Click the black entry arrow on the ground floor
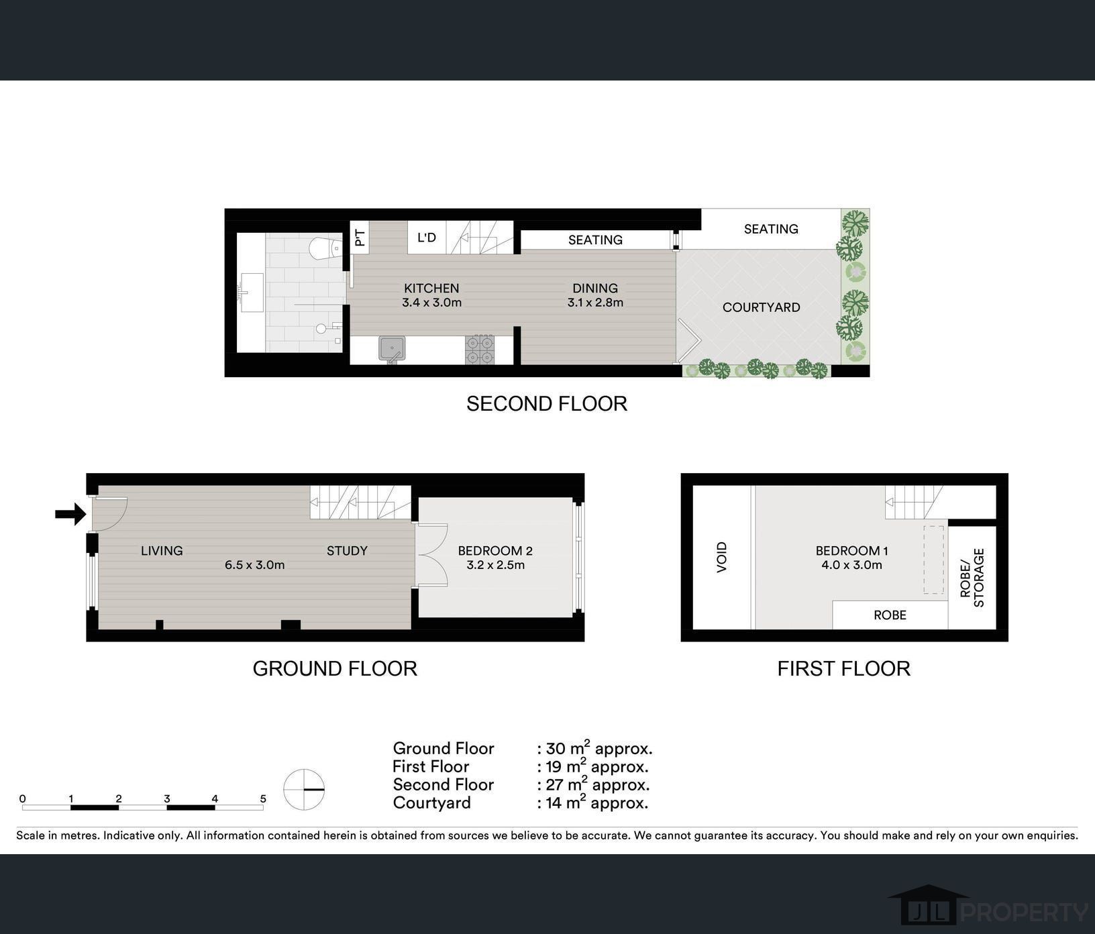coord(70,515)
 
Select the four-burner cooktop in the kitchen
coord(480,350)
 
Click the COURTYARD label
coord(761,307)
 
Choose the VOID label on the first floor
coord(722,557)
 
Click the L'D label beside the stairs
coord(427,238)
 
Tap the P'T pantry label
coord(360,238)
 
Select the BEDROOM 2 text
coord(495,551)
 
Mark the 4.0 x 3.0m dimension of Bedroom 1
coord(851,565)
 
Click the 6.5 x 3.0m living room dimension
coord(255,565)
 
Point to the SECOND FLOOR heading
coord(547,403)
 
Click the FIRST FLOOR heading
coord(844,668)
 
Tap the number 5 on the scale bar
coord(263,798)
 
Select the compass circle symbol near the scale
coord(304,790)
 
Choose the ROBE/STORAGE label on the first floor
coord(972,578)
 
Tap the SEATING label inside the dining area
coord(595,240)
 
